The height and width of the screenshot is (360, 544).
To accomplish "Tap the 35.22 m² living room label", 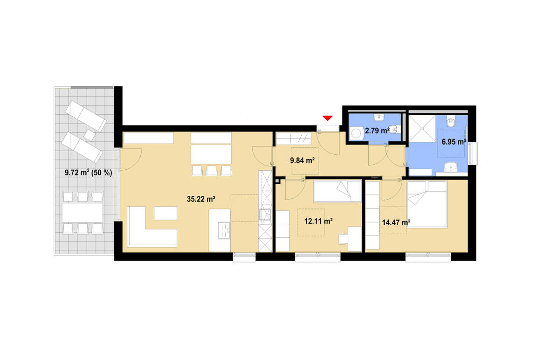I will coord(200,199).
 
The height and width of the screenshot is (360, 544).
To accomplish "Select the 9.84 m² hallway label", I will coord(302,161).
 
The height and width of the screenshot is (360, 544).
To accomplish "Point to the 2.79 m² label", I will coord(377,131).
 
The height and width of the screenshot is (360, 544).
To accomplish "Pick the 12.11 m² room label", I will coord(318,221).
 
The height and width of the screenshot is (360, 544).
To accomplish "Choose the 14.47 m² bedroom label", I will coord(396,222).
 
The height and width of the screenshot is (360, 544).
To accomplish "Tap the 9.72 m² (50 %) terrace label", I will coord(89,173).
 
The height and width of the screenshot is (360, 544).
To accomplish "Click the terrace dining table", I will coord(83,212).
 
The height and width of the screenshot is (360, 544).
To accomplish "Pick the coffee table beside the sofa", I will coord(165,213).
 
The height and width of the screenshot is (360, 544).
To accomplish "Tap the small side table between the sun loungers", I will coord(90,135).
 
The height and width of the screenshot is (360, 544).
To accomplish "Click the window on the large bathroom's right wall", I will coord(474,154).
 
